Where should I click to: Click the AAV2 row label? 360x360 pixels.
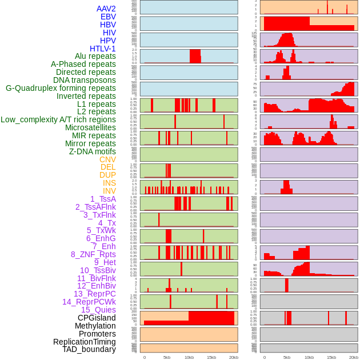pyautogui.click(x=106, y=9)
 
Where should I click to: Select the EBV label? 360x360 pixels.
pyautogui.click(x=108, y=17)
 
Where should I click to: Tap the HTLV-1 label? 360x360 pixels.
pyautogui.click(x=103, y=49)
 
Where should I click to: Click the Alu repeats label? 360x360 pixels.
pyautogui.click(x=95, y=56)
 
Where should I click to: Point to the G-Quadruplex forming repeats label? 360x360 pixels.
pyautogui.click(x=61, y=88)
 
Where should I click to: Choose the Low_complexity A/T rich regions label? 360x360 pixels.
pyautogui.click(x=58, y=119)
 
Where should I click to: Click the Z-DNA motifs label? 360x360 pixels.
pyautogui.click(x=93, y=151)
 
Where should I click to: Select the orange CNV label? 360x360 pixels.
pyautogui.click(x=107, y=159)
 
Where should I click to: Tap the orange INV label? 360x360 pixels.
pyautogui.click(x=109, y=191)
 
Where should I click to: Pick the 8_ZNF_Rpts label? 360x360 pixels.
pyautogui.click(x=93, y=254)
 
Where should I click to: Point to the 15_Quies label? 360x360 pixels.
pyautogui.click(x=98, y=310)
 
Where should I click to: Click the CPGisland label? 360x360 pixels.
pyautogui.click(x=97, y=318)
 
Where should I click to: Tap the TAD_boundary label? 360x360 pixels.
pyautogui.click(x=89, y=349)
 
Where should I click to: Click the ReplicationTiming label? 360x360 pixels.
pyautogui.click(x=85, y=342)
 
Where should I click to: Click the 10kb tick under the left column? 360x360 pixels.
pyautogui.click(x=189, y=357)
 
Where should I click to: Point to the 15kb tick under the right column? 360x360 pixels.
pyautogui.click(x=331, y=357)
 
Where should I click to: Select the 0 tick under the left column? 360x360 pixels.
pyautogui.click(x=144, y=357)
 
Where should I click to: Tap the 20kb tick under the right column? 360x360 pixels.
pyautogui.click(x=354, y=357)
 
